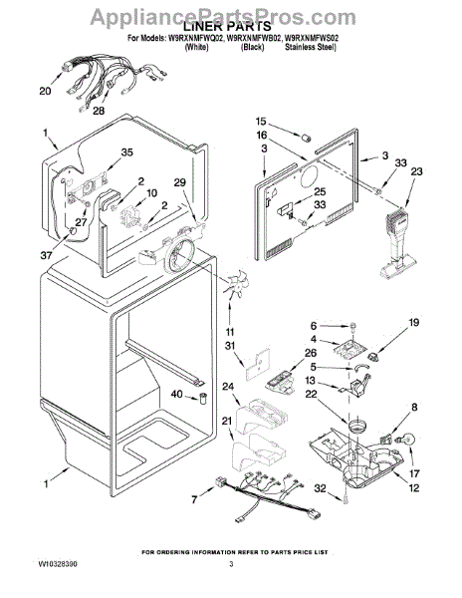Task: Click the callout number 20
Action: (x=45, y=91)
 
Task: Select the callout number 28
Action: (x=99, y=111)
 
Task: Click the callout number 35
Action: (x=126, y=152)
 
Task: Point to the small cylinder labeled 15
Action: (x=307, y=138)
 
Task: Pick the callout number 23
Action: (x=416, y=171)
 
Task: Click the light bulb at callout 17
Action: (x=406, y=440)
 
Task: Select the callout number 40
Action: (x=176, y=394)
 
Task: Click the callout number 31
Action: (x=230, y=346)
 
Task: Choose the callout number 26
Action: (x=311, y=354)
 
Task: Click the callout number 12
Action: (x=413, y=487)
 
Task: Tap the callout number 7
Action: (x=194, y=499)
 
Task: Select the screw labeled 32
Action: (x=346, y=497)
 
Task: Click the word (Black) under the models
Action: (x=252, y=47)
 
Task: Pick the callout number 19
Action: (x=413, y=323)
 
